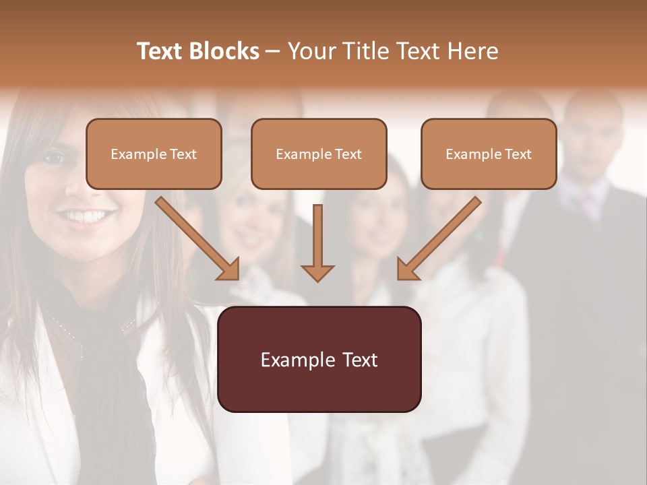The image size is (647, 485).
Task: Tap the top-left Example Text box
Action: pyautogui.click(x=154, y=154)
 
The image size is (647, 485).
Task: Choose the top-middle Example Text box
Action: pyautogui.click(x=319, y=154)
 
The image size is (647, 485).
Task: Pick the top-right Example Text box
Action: pyautogui.click(x=489, y=154)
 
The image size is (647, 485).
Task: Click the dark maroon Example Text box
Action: pyautogui.click(x=319, y=360)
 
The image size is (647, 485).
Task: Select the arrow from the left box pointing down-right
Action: pyautogui.click(x=197, y=238)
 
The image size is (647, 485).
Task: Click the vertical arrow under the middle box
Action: pyautogui.click(x=317, y=243)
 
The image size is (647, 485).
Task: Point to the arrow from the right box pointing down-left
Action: pyautogui.click(x=439, y=238)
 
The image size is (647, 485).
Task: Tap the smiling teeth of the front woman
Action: pyautogui.click(x=86, y=217)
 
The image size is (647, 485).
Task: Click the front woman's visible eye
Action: pyautogui.click(x=55, y=158)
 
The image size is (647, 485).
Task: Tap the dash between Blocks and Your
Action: pyautogui.click(x=273, y=51)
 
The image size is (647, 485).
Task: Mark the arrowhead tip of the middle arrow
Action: pyautogui.click(x=317, y=280)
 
